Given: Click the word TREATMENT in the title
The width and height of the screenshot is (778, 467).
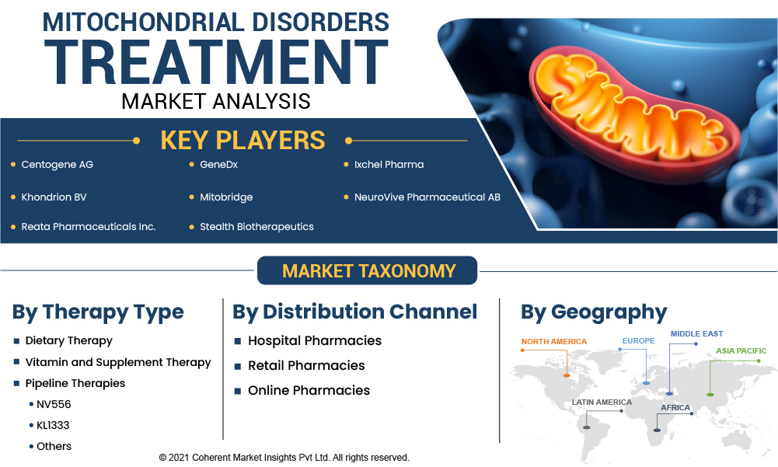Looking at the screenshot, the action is (x=216, y=62).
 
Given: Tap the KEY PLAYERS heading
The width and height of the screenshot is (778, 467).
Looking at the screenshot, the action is (x=242, y=141).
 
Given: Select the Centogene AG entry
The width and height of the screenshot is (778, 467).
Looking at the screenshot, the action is (x=57, y=165).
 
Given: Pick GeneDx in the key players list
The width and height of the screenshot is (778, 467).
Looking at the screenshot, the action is (x=219, y=165).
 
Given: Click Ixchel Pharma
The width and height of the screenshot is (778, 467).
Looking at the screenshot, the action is (x=389, y=165).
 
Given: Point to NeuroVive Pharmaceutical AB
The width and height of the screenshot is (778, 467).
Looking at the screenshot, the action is (x=427, y=197).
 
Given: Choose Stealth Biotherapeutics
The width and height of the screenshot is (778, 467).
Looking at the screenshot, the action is (x=256, y=227).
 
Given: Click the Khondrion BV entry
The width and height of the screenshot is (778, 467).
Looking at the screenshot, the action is (x=54, y=197).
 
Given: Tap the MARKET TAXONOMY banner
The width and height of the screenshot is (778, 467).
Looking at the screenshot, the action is (x=367, y=270).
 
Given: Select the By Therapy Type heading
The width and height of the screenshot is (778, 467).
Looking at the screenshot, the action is (x=98, y=312).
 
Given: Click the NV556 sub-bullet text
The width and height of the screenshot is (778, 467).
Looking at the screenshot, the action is (x=54, y=405).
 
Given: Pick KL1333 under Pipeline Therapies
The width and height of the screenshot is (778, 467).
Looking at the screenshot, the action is (x=53, y=425).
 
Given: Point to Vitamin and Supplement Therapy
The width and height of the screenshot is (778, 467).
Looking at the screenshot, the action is (x=118, y=362).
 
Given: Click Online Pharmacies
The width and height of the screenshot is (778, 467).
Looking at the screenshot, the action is (x=309, y=391).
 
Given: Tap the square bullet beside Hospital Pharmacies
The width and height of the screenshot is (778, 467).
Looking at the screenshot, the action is (x=238, y=341).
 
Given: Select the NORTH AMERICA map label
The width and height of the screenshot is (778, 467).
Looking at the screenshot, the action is (x=553, y=341).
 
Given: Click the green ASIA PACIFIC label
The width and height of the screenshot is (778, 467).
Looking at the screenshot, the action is (x=741, y=351).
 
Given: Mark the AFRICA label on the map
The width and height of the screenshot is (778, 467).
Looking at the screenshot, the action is (x=675, y=407).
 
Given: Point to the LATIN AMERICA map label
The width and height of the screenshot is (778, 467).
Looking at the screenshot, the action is (x=602, y=402).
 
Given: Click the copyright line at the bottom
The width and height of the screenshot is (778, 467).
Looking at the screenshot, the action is (x=284, y=458).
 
